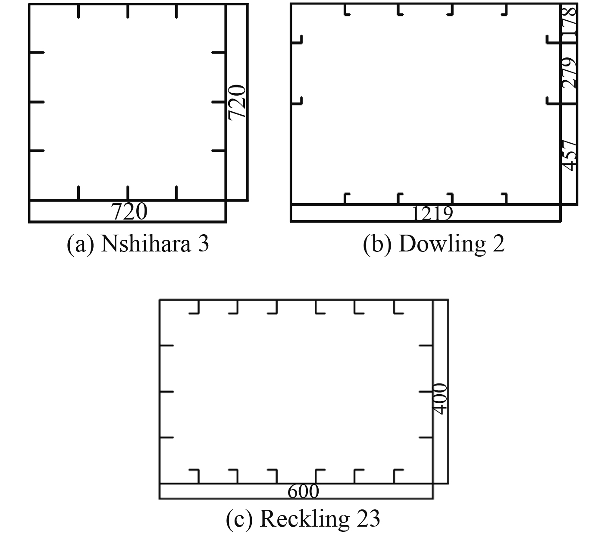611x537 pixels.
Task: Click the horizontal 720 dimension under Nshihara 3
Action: [x=129, y=211]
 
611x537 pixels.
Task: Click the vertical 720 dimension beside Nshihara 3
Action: [x=237, y=102]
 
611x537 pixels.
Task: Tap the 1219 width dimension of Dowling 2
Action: [x=432, y=214]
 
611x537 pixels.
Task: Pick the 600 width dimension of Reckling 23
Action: [x=303, y=491]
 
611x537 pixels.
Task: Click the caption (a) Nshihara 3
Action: [x=138, y=244]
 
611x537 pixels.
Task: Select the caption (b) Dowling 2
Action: [x=434, y=244]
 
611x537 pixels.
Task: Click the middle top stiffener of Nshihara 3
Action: [x=127, y=11]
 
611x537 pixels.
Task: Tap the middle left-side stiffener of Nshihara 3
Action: [x=37, y=102]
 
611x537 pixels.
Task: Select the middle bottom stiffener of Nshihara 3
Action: [x=127, y=193]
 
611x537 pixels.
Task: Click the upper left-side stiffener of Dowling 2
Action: [x=297, y=40]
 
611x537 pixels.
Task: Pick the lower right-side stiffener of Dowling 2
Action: [x=553, y=101]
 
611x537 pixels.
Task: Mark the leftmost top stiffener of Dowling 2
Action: [x=346, y=10]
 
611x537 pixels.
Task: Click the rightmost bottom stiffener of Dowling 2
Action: [x=504, y=198]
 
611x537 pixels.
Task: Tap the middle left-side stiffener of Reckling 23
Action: [x=166, y=392]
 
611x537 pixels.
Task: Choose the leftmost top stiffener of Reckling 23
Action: [x=195, y=307]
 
